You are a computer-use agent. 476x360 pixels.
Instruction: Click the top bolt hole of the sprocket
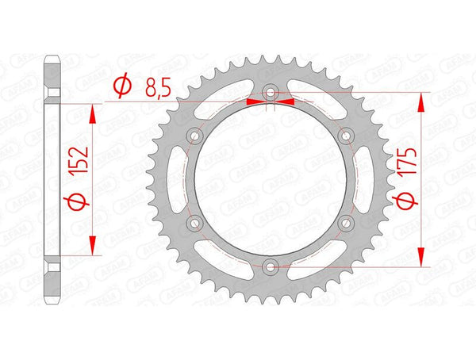point(271,94)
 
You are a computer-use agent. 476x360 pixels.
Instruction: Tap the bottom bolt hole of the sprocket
point(271,266)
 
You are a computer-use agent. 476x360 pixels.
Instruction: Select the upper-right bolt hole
point(345,137)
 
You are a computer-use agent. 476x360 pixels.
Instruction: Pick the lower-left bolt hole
point(195,224)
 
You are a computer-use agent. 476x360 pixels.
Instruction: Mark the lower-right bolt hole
point(345,224)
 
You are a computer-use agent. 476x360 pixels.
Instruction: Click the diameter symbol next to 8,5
point(122,85)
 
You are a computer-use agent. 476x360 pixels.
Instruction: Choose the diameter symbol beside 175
point(405,203)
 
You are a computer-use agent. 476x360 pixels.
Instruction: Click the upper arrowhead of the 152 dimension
point(94,113)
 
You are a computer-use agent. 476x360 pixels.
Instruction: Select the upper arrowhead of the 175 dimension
point(420,101)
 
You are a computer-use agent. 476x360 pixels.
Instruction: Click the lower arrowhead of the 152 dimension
point(94,247)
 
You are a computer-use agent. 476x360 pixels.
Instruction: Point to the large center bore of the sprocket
point(271,180)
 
